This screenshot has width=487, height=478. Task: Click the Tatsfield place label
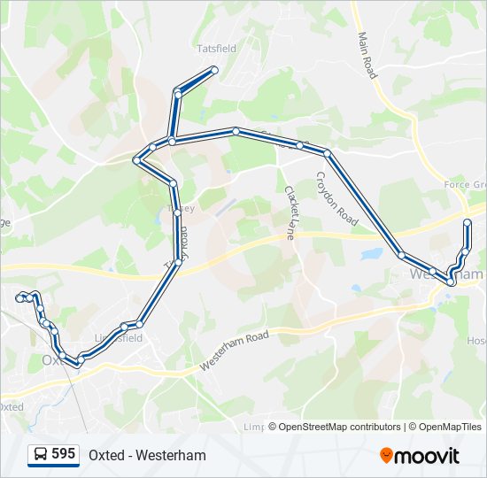(x=217, y=49)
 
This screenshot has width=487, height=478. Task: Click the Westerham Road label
(x=234, y=351)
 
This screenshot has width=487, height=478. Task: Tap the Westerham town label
(x=446, y=275)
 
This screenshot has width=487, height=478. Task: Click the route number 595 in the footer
(x=63, y=454)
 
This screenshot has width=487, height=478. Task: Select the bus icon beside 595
(x=41, y=455)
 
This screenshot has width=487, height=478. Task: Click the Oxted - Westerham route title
(x=147, y=455)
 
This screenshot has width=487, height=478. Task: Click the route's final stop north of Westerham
(x=468, y=221)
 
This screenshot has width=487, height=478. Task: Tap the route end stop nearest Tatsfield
(x=214, y=70)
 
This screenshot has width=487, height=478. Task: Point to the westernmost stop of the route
(x=19, y=298)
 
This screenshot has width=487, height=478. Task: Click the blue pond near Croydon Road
(x=372, y=254)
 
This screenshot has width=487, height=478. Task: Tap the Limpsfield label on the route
(x=118, y=338)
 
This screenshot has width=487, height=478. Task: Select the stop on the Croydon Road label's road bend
(x=328, y=153)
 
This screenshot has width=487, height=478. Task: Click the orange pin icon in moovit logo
(x=386, y=456)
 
